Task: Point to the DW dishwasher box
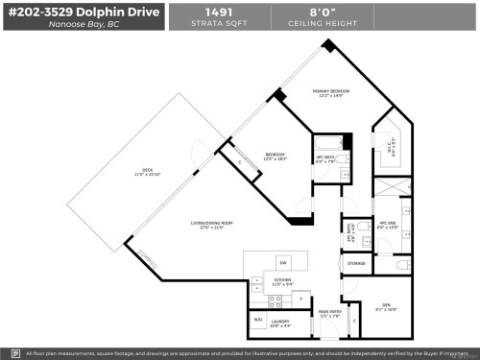282,262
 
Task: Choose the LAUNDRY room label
280,323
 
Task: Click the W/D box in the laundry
257,320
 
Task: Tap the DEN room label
384,309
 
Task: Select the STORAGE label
356,262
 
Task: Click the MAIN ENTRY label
330,312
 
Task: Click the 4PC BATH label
325,158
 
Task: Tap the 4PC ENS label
387,224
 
